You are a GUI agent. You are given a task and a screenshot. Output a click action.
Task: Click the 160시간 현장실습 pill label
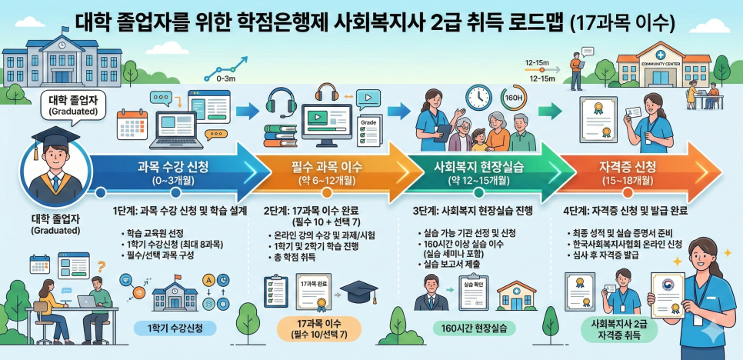pyautogui.click(x=474, y=328)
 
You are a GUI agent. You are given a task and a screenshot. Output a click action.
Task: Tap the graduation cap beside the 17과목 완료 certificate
pyautogui.click(x=358, y=292)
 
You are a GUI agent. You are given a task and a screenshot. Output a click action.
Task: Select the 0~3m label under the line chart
pyautogui.click(x=226, y=78)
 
